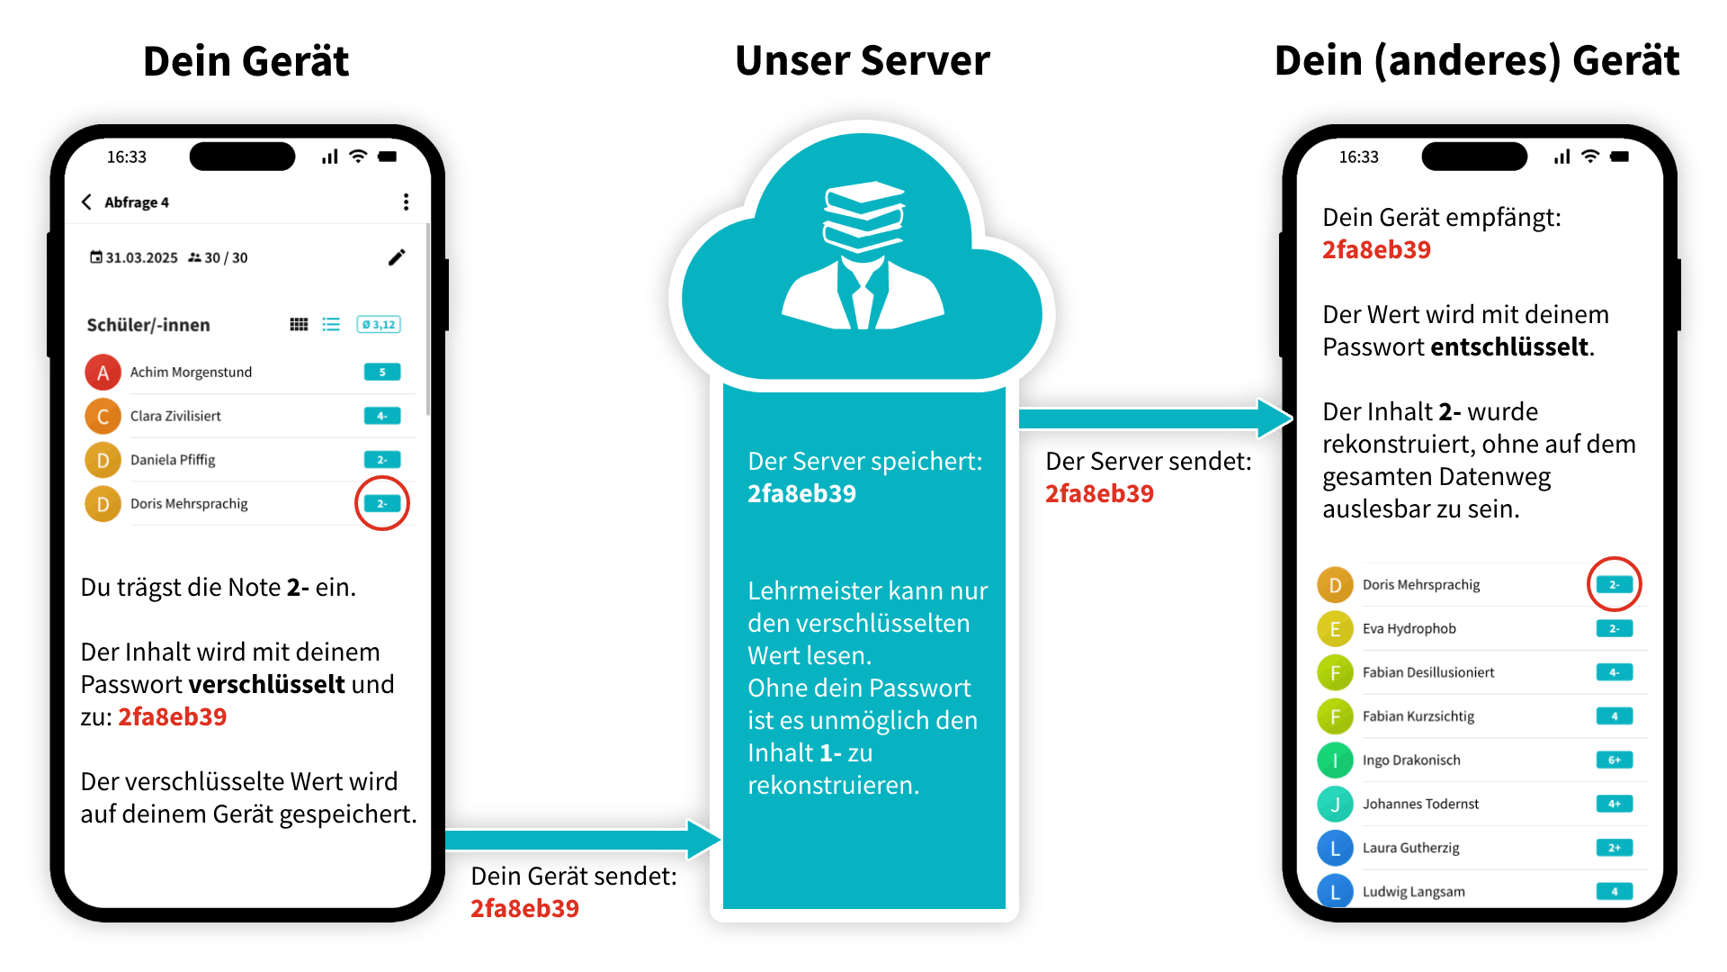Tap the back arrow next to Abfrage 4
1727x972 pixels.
coord(86,202)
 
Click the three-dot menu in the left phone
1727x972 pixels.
coord(406,202)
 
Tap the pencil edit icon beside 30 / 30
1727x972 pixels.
coord(397,257)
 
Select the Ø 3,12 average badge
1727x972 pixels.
coord(379,325)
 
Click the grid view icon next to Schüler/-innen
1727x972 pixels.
coord(299,325)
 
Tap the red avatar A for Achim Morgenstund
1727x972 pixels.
coord(103,373)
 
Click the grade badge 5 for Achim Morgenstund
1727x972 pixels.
coord(381,373)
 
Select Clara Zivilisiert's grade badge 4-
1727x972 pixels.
coord(381,416)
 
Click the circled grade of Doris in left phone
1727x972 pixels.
coord(381,504)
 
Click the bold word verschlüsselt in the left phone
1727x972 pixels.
coord(266,685)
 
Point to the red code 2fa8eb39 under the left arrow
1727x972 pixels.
coord(524,908)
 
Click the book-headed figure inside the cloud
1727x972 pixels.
coord(863,256)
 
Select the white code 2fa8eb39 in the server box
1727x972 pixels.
coord(801,494)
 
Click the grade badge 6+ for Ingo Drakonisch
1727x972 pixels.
coord(1614,760)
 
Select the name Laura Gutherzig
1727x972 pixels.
coord(1410,848)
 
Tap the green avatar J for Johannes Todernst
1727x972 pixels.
coord(1335,805)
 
